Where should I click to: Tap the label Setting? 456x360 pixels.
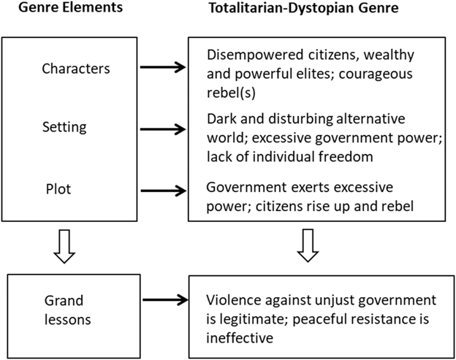[64, 127]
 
